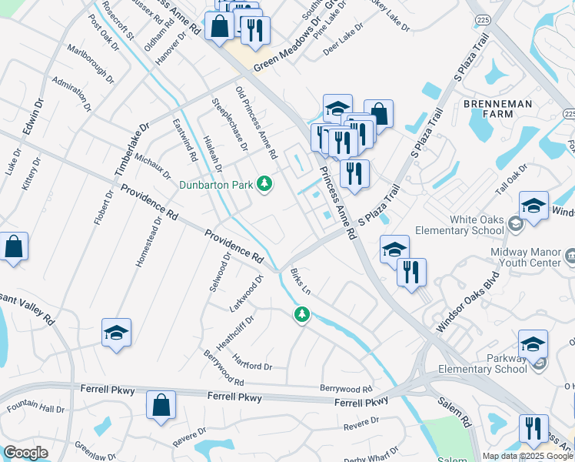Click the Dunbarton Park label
pyautogui.click(x=217, y=184)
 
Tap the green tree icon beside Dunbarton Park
pyautogui.click(x=264, y=184)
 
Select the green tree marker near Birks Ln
pyautogui.click(x=302, y=314)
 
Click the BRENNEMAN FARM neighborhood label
pyautogui.click(x=487, y=109)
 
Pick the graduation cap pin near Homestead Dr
pyautogui.click(x=116, y=333)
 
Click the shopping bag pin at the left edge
pyautogui.click(x=14, y=247)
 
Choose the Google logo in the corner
pyautogui.click(x=25, y=453)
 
